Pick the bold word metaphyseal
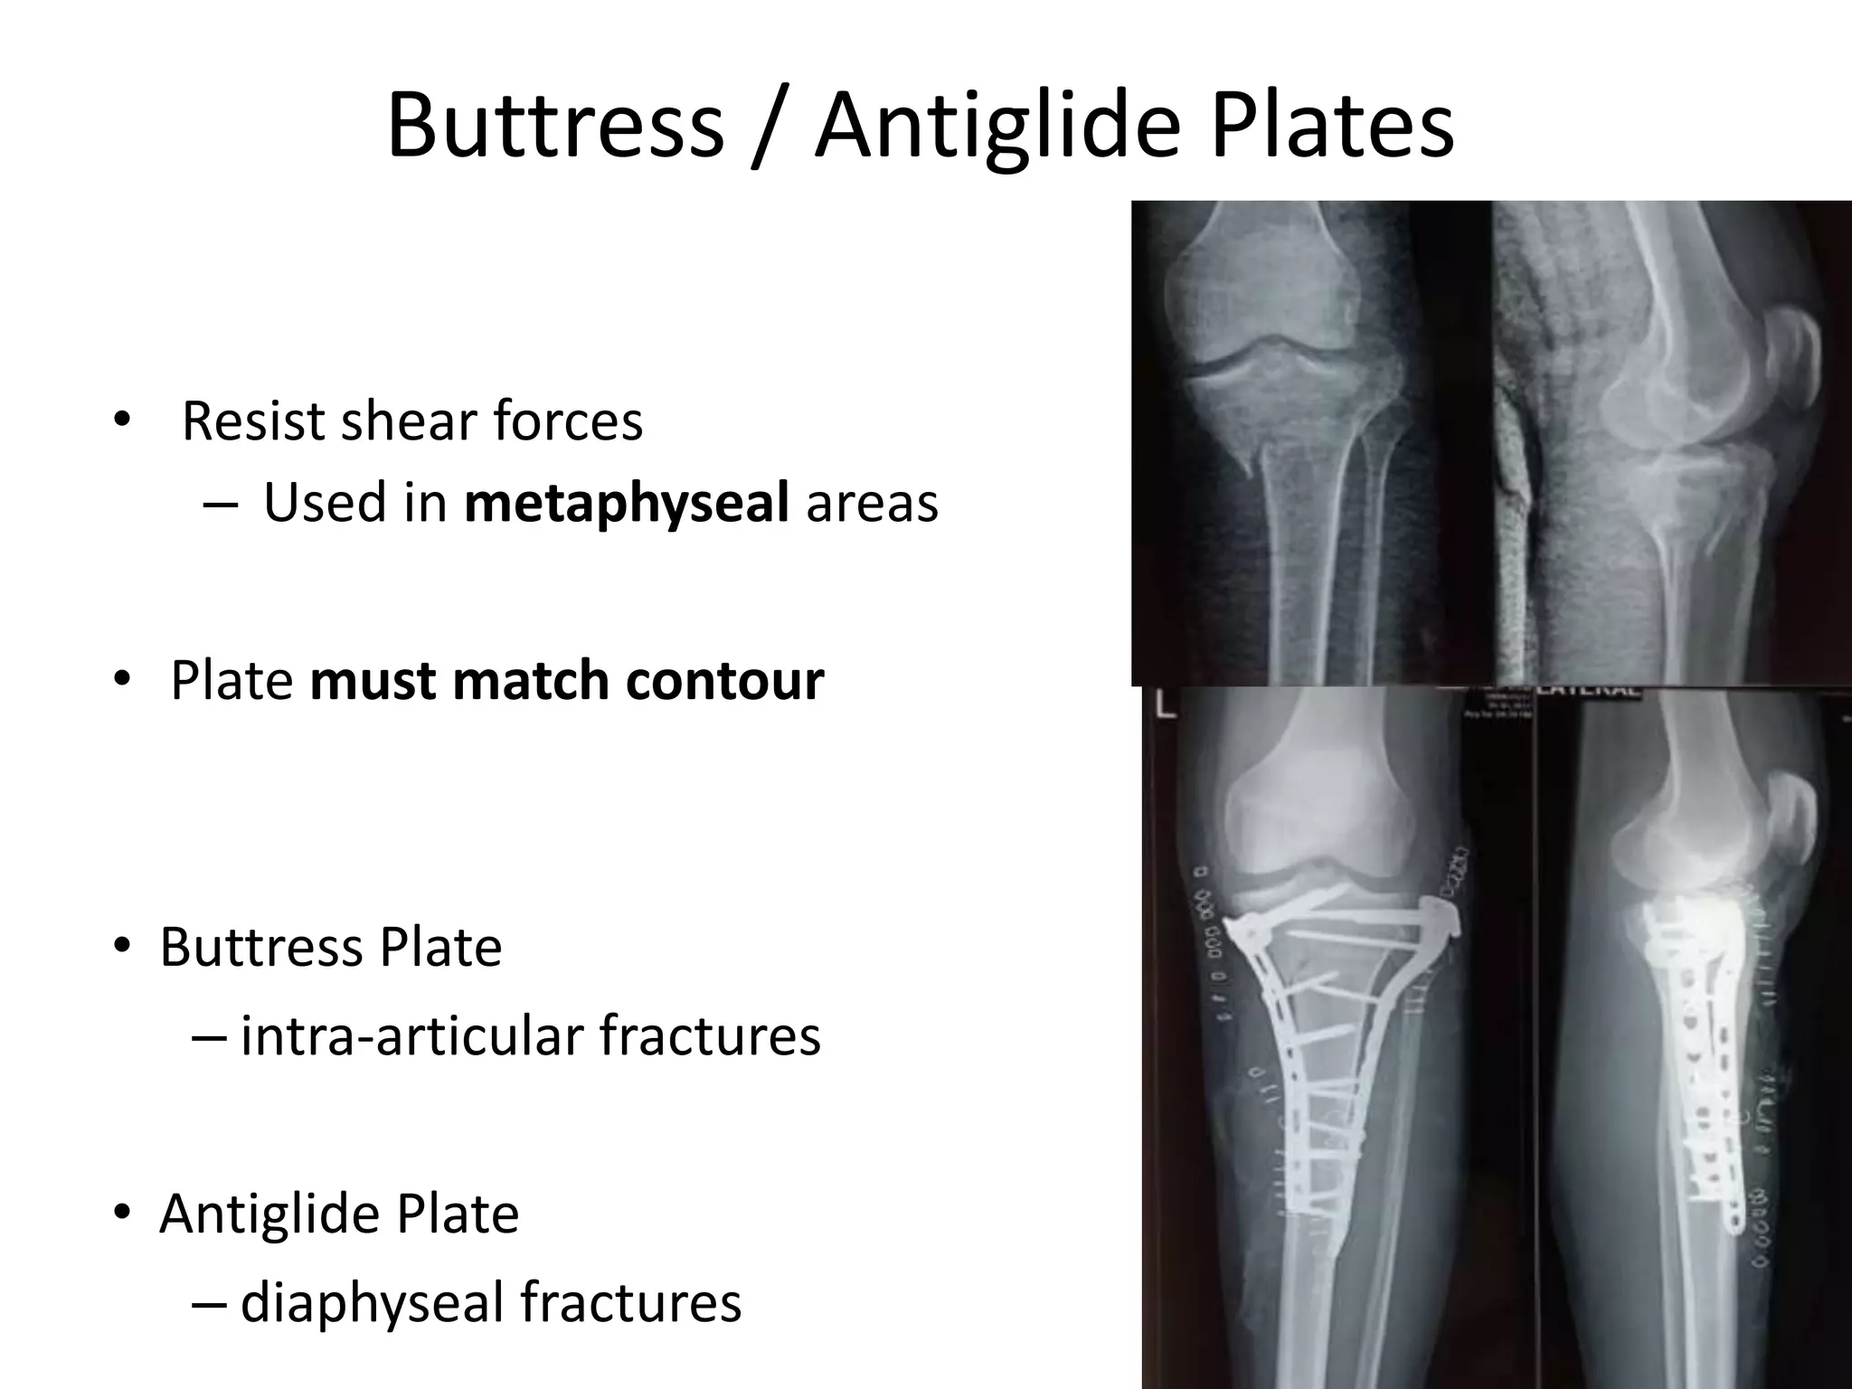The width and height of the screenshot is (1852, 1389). coord(626,503)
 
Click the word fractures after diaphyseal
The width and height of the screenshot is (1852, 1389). coord(630,1302)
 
